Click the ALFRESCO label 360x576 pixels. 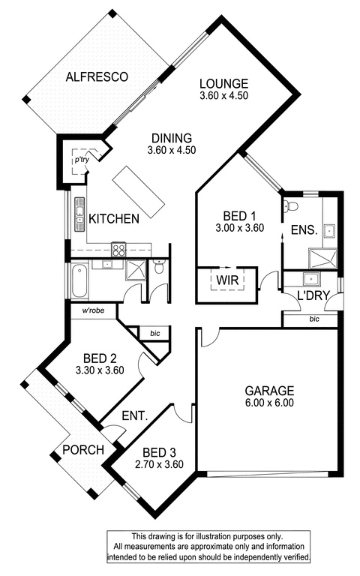[x=97, y=76]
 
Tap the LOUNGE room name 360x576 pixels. [x=223, y=83]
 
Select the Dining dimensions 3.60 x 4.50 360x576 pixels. [x=172, y=150]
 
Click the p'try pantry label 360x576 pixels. [x=82, y=160]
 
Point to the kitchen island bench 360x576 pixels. [x=139, y=191]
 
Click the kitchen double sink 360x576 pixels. [x=79, y=215]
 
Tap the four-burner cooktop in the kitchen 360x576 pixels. [x=118, y=250]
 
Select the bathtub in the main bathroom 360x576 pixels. [x=79, y=281]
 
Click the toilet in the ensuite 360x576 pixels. [x=291, y=205]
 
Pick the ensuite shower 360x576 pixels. [x=322, y=259]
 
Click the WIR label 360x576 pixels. [x=227, y=280]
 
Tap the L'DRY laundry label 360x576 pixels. [x=313, y=295]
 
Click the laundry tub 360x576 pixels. [x=311, y=279]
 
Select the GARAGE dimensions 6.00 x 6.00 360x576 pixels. [x=269, y=403]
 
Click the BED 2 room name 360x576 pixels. [x=100, y=358]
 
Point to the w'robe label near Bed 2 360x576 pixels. [x=93, y=310]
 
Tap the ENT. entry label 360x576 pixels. [x=134, y=415]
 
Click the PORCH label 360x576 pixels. [x=83, y=450]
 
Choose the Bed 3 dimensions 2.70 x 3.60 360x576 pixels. [x=159, y=464]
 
